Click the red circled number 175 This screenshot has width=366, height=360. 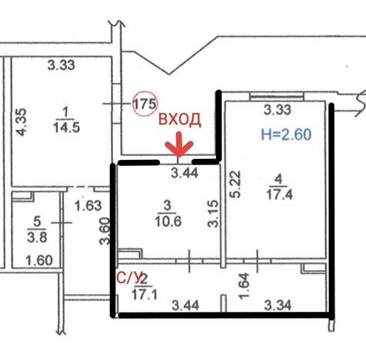click(145, 104)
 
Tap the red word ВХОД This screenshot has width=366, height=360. click(180, 119)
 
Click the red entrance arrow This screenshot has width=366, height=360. click(179, 145)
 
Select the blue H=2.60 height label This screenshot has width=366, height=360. click(286, 135)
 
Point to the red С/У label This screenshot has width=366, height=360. click(129, 278)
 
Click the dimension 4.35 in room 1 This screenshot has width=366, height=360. click(22, 122)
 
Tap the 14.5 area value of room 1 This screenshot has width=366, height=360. click(66, 128)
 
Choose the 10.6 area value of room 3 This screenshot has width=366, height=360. click(168, 221)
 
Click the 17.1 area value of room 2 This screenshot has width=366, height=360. click(145, 295)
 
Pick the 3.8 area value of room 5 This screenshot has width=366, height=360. click(37, 237)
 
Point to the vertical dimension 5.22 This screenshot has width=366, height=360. click(235, 185)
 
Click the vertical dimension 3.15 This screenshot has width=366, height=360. click(213, 213)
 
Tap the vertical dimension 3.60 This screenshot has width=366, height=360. click(104, 231)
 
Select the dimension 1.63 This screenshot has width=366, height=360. click(88, 206)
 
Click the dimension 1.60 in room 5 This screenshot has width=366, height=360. click(39, 260)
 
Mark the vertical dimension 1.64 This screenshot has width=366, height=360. click(245, 286)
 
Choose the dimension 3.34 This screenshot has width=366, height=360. click(278, 305)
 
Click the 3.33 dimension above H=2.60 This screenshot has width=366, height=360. click(277, 110)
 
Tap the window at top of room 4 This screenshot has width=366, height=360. click(276, 96)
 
